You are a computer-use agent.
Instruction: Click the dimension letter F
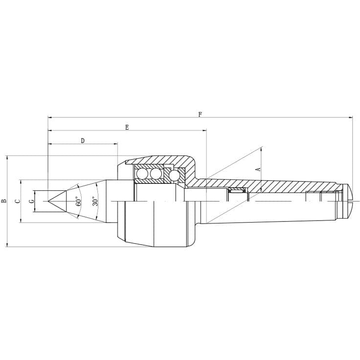coord(200,114)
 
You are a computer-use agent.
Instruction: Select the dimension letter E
coord(127,127)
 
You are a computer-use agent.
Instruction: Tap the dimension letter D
coord(83,141)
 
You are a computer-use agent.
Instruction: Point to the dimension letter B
coord(4,201)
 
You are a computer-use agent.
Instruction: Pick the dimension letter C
coord(18,201)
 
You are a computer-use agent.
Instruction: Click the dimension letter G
coord(31,201)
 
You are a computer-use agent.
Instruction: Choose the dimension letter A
coord(258,169)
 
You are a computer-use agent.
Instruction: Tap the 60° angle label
coord(78,201)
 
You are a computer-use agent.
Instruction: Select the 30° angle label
coord(95,201)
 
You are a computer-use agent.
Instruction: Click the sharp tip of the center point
coord(48,201)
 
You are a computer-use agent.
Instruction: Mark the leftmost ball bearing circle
coord(142,174)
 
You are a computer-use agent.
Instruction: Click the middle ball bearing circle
coord(156,174)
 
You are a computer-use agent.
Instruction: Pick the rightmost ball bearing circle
coord(174,175)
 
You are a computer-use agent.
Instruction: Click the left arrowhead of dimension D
coord(50,144)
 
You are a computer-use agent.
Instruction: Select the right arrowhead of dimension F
coord(351,117)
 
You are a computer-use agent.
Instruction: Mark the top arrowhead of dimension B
coord(7,157)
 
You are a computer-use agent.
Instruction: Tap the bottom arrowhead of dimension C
coord(21,221)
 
